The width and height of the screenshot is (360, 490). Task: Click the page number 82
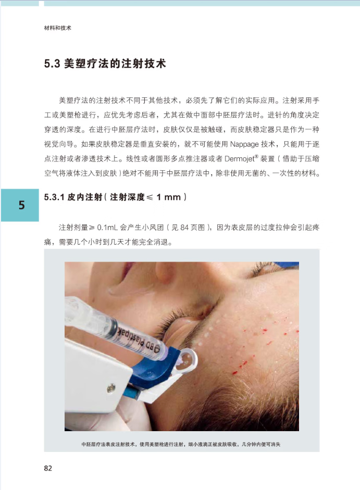(x=48, y=468)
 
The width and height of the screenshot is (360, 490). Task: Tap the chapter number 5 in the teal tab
(x=21, y=205)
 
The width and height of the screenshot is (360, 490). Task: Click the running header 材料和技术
(x=57, y=28)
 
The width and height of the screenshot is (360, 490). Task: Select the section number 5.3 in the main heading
(x=52, y=64)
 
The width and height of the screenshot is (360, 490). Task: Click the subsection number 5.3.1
(x=54, y=197)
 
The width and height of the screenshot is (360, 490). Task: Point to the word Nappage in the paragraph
(x=244, y=144)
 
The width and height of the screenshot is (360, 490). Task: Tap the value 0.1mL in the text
(x=107, y=227)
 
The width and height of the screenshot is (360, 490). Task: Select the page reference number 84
(x=184, y=227)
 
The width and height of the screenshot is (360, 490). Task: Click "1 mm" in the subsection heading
(x=169, y=197)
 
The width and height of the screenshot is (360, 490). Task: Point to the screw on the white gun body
(x=111, y=388)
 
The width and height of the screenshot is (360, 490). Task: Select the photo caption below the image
(x=181, y=444)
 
